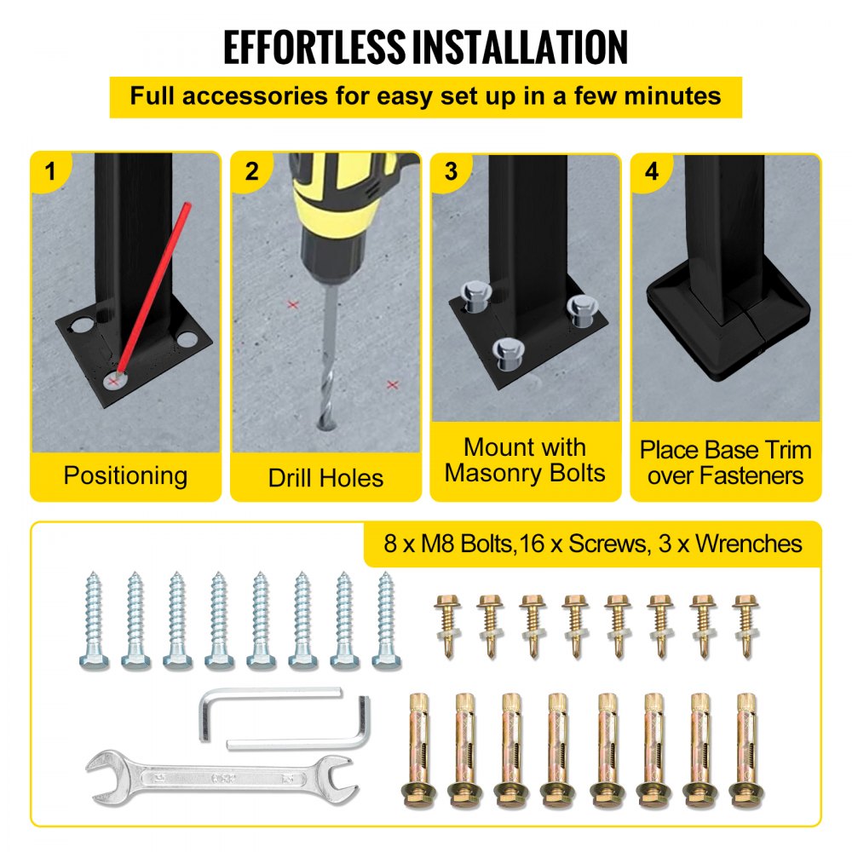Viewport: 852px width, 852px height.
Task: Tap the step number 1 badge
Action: click(x=50, y=171)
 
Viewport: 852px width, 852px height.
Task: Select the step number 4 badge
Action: click(x=652, y=171)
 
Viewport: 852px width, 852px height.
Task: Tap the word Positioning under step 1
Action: click(x=125, y=475)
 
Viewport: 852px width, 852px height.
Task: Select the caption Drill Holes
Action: click(x=325, y=477)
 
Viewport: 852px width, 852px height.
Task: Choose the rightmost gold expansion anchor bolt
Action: click(x=748, y=748)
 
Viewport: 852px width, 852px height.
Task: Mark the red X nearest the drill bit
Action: click(x=293, y=304)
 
